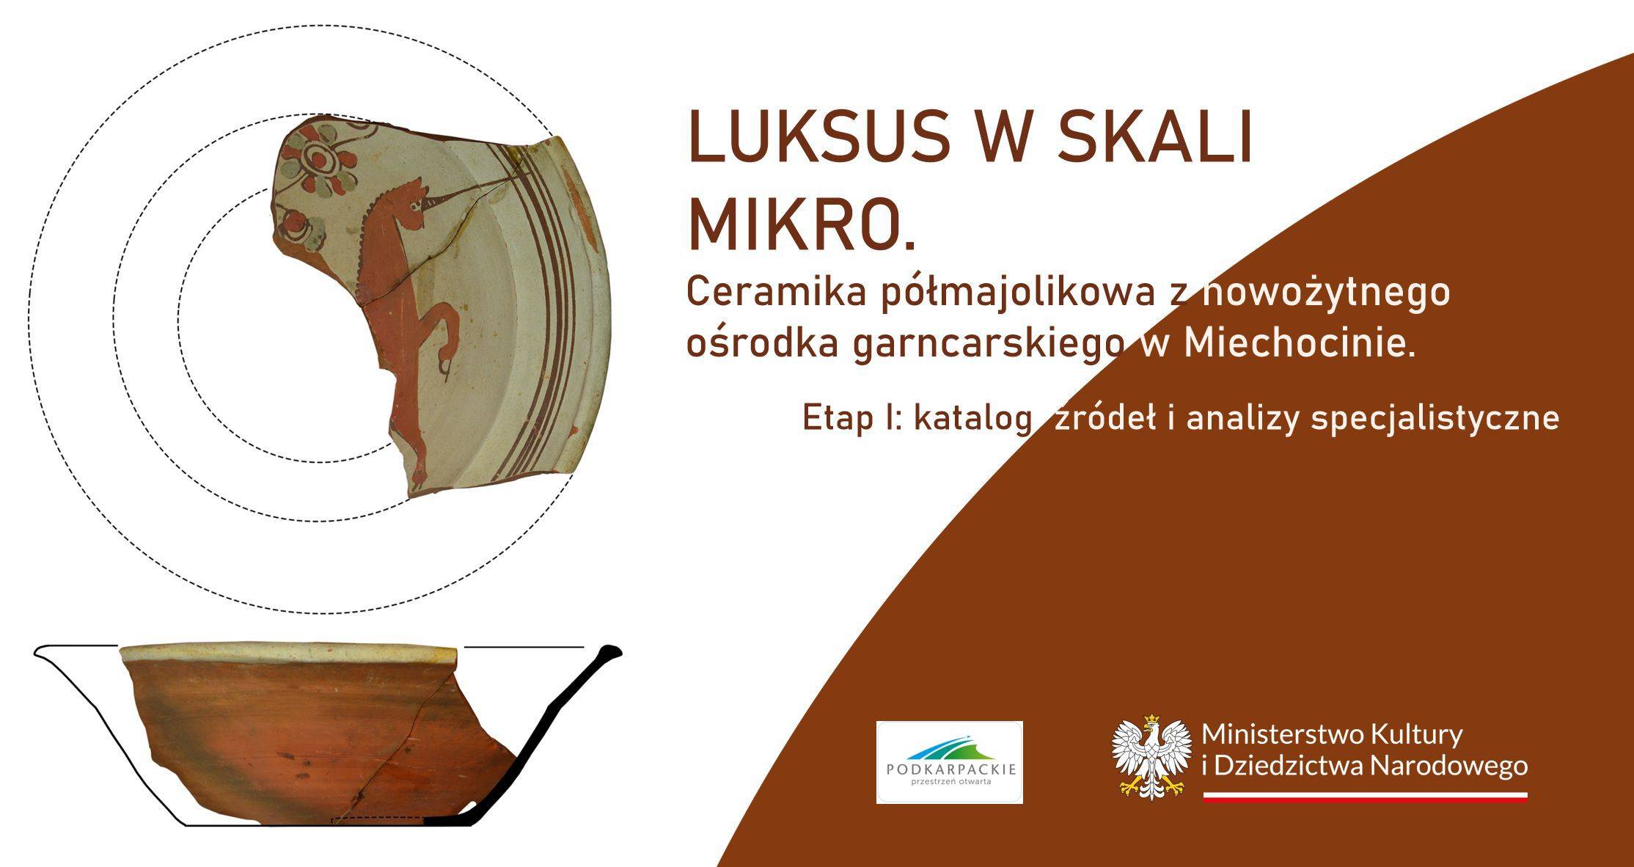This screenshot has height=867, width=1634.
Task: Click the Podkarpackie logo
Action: [x=949, y=762]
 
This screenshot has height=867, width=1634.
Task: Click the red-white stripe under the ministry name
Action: [x=1365, y=797]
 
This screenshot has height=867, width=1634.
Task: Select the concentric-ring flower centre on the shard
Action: [x=319, y=157]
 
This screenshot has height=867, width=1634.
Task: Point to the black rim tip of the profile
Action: [x=610, y=651]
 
